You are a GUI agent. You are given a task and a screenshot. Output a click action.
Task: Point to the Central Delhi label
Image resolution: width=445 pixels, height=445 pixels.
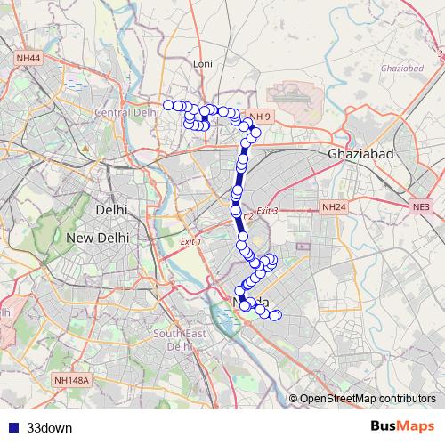tap(126, 113)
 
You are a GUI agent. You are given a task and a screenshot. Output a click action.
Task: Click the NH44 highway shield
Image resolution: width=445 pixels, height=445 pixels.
tap(28, 58)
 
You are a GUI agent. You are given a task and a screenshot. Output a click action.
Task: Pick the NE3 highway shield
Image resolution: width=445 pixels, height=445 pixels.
tap(421, 207)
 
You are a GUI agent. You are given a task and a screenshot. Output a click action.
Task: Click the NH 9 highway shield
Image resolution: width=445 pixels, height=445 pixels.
tap(259, 117)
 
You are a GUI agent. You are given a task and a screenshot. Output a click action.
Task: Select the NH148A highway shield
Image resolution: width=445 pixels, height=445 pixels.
tap(71, 380)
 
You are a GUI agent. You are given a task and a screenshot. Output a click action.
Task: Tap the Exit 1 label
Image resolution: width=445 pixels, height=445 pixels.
tap(190, 242)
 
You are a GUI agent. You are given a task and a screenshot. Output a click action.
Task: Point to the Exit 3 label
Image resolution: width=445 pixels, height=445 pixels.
tap(267, 211)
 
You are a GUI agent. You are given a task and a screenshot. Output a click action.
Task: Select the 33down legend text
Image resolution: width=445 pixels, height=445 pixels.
tap(49, 427)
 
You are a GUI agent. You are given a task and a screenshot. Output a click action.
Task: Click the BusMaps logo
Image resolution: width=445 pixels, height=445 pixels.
tap(401, 426)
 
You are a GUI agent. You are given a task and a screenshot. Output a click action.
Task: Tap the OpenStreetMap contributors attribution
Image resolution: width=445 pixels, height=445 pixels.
tap(367, 399)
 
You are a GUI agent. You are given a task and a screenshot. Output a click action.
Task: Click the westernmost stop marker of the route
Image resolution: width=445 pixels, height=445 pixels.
tap(167, 105)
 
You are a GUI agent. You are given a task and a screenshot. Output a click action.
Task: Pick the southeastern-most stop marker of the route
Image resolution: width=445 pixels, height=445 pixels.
tap(276, 315)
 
